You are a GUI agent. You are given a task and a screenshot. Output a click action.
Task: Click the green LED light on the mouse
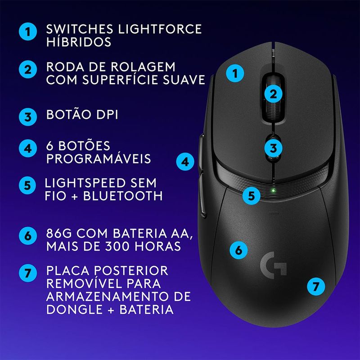(273, 190)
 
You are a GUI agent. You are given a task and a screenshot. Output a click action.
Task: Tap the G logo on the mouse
(273, 265)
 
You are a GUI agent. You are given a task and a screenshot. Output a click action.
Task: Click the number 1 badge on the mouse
(235, 73)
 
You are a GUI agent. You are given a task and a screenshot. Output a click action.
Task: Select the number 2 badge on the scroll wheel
(273, 94)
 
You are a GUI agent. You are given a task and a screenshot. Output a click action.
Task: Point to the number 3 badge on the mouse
(273, 148)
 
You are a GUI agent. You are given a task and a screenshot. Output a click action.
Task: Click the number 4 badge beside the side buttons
(185, 162)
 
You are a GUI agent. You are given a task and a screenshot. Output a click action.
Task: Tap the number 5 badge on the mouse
(252, 196)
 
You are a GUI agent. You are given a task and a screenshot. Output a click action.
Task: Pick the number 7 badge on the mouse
(316, 286)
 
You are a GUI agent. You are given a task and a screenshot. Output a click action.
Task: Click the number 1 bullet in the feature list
(28, 31)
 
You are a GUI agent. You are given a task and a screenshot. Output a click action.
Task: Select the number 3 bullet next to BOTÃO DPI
(28, 117)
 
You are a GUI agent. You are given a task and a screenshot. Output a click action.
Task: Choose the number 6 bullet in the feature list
(28, 235)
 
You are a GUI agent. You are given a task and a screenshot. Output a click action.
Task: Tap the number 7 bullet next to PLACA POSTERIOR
(28, 273)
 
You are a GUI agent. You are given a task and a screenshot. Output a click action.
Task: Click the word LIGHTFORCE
(160, 29)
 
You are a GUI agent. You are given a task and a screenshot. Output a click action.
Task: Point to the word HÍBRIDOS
(79, 41)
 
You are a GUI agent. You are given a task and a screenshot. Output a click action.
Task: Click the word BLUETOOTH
(123, 196)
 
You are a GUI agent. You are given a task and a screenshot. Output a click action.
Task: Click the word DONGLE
(74, 309)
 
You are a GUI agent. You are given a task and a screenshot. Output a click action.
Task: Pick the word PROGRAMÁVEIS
(99, 158)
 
